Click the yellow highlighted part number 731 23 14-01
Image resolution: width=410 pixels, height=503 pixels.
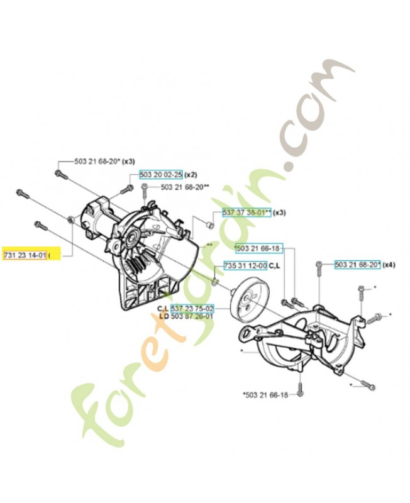26,255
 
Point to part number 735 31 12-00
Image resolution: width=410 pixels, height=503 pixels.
245,265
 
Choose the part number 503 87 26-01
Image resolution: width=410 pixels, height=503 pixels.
192,316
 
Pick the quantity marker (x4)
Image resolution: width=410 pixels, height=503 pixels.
390,265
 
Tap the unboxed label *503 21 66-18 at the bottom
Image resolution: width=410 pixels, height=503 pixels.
264,395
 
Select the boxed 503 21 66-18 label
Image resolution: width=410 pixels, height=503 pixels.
259,249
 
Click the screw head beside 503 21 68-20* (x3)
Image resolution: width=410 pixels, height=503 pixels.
58,174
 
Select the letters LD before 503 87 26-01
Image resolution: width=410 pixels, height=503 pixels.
163,316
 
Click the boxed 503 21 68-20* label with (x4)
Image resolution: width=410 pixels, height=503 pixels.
357,265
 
